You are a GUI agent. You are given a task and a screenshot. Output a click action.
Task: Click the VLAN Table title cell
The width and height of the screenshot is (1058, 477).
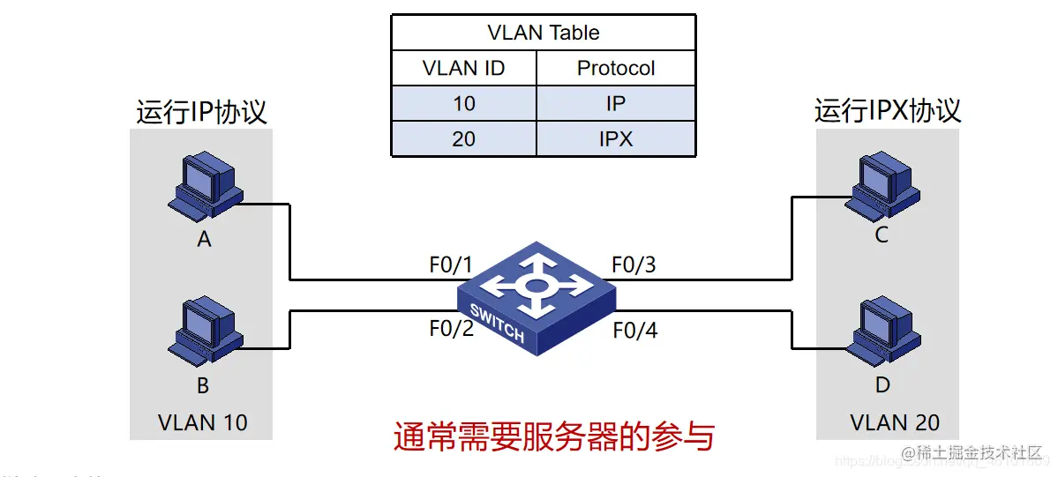pyautogui.click(x=543, y=33)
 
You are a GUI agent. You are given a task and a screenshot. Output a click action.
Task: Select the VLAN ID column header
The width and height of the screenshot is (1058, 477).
pyautogui.click(x=463, y=68)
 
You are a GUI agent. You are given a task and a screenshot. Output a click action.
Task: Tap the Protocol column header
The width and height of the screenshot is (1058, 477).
pyautogui.click(x=616, y=68)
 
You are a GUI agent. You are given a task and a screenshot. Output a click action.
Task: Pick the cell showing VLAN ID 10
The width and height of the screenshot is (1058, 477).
pyautogui.click(x=463, y=103)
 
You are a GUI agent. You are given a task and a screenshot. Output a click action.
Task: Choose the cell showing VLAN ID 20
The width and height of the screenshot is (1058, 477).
pyautogui.click(x=463, y=138)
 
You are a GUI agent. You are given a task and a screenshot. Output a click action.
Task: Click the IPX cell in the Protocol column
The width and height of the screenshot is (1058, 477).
pyautogui.click(x=616, y=138)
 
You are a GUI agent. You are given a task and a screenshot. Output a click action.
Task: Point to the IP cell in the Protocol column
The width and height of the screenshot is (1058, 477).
pyautogui.click(x=616, y=103)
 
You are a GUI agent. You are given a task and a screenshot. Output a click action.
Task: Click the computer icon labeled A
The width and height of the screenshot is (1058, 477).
pyautogui.click(x=204, y=186)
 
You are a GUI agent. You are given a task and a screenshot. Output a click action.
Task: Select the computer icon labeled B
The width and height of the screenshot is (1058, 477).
pyautogui.click(x=204, y=333)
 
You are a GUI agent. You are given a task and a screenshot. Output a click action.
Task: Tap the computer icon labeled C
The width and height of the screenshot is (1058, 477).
pyautogui.click(x=880, y=186)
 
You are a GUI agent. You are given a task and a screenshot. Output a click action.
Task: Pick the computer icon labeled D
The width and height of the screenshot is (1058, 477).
pyautogui.click(x=880, y=333)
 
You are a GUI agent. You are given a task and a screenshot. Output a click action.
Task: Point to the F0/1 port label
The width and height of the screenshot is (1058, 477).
pyautogui.click(x=451, y=265)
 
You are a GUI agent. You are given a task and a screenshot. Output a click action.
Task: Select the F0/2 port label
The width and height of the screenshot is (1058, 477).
pyautogui.click(x=451, y=329)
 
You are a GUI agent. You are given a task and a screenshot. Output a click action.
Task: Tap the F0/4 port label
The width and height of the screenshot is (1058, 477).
pyautogui.click(x=634, y=331)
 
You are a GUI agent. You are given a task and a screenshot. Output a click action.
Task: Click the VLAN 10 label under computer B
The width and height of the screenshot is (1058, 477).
pyautogui.click(x=202, y=422)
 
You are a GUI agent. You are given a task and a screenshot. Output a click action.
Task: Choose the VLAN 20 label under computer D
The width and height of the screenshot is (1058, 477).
pyautogui.click(x=895, y=422)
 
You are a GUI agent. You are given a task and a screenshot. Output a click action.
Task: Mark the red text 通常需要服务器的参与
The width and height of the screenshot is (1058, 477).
pyautogui.click(x=553, y=436)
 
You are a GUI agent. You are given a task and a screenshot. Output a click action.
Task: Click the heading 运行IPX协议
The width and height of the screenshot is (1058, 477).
pyautogui.click(x=888, y=111)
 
